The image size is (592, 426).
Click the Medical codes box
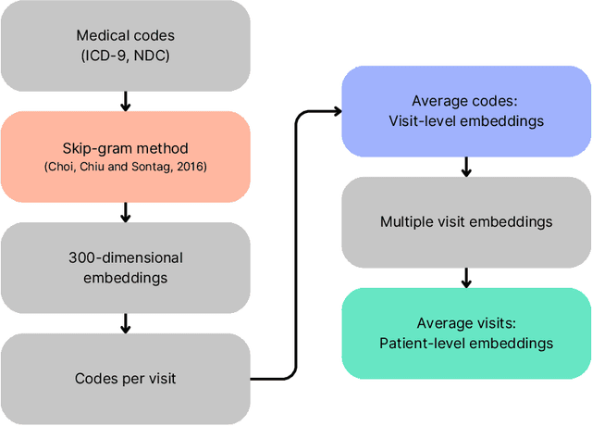coord(126,45)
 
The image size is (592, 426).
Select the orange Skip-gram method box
coord(126,157)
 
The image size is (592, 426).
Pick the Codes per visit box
coord(126,378)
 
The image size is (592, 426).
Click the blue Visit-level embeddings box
coord(466,110)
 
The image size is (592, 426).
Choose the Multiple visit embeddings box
coord(466,222)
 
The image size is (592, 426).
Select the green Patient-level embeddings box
coord(466,333)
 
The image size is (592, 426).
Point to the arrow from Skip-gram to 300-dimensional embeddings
coord(126,212)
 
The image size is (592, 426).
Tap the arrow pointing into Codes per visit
coord(126,322)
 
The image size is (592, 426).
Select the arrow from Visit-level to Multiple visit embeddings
coord(466,167)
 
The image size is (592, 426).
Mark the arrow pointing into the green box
coord(466,278)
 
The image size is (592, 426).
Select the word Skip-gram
coord(97,148)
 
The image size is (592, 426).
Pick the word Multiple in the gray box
coord(406,222)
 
